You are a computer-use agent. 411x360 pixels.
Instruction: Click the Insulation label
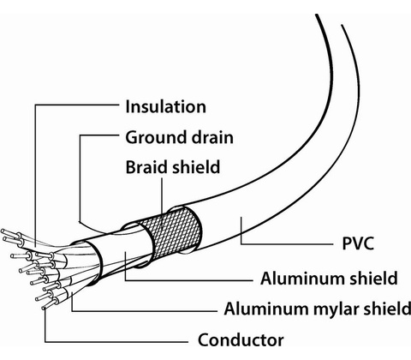165,106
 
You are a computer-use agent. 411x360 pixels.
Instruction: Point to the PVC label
358,243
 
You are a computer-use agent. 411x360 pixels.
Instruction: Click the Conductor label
241,340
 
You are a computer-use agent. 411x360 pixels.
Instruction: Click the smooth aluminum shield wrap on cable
122,251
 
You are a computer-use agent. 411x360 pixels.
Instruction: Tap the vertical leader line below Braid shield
162,200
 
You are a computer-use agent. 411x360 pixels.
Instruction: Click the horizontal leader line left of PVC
287,244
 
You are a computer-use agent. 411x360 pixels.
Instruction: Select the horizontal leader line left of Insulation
76,105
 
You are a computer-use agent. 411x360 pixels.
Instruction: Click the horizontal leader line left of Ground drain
99,135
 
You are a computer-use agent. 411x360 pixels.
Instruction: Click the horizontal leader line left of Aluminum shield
189,280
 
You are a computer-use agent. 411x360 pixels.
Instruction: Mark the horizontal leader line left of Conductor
116,341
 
